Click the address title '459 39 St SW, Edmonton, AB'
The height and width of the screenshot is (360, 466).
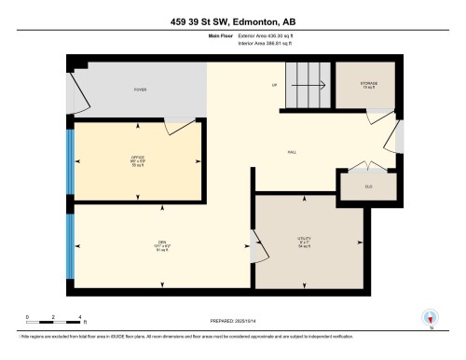(x=232, y=22)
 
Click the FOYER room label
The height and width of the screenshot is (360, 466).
(x=140, y=90)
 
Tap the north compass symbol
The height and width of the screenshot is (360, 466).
(x=430, y=318)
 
